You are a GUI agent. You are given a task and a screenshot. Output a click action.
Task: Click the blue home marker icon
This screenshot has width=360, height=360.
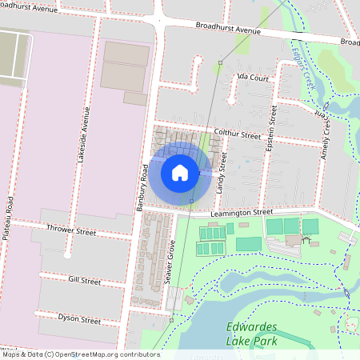179,172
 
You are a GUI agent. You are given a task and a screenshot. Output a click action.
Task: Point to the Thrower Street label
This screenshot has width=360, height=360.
71,233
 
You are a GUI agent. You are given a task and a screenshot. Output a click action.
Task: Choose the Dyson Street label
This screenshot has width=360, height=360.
79,318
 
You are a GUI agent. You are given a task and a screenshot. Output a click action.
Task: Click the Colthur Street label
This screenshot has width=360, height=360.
238,135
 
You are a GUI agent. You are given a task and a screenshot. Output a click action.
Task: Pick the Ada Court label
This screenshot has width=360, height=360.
251,78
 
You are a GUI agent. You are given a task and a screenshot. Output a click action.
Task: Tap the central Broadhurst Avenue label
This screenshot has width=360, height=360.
229,30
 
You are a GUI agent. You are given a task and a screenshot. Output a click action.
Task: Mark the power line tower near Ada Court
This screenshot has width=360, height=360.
220,62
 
